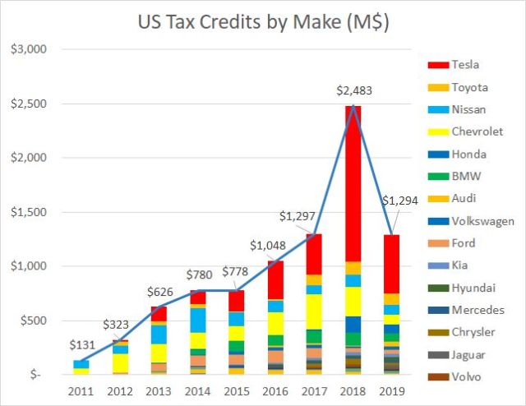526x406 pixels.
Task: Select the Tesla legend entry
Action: (x=460, y=65)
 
